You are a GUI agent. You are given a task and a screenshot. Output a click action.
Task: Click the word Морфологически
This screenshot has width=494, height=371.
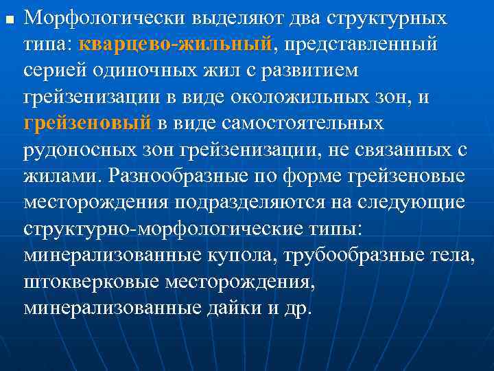(x=90, y=17)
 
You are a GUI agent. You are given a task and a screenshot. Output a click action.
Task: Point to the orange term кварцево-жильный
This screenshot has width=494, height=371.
(x=175, y=45)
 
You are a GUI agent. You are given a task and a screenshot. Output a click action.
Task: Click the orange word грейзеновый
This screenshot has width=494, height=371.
(x=87, y=124)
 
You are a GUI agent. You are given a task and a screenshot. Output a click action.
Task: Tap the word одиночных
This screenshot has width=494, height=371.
(x=144, y=71)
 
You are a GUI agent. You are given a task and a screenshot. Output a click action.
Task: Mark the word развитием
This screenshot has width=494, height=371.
(x=309, y=71)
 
